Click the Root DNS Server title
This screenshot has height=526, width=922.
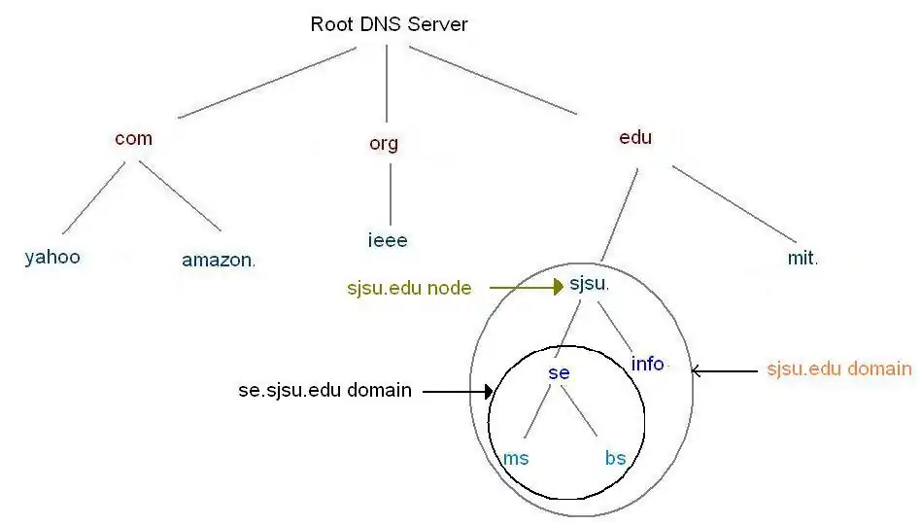[389, 24]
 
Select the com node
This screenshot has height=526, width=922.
[133, 138]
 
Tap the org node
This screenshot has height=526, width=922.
[384, 144]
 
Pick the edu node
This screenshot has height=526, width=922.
[635, 137]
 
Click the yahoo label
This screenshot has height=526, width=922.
[52, 258]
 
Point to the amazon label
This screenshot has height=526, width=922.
[219, 260]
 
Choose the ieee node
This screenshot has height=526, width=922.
[387, 240]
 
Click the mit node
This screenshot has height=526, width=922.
[802, 259]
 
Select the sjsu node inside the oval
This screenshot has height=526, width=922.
[589, 285]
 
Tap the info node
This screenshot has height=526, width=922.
[648, 364]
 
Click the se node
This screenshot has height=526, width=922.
[559, 373]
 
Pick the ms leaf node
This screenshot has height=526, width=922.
[516, 458]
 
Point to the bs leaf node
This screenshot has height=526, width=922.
[615, 458]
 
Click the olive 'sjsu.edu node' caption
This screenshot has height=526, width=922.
[409, 288]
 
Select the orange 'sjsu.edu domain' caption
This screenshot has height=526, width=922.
[839, 368]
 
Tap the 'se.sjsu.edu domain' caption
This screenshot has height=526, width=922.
[324, 391]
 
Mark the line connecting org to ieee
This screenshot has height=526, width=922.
[391, 193]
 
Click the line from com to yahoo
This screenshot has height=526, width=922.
[93, 197]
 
